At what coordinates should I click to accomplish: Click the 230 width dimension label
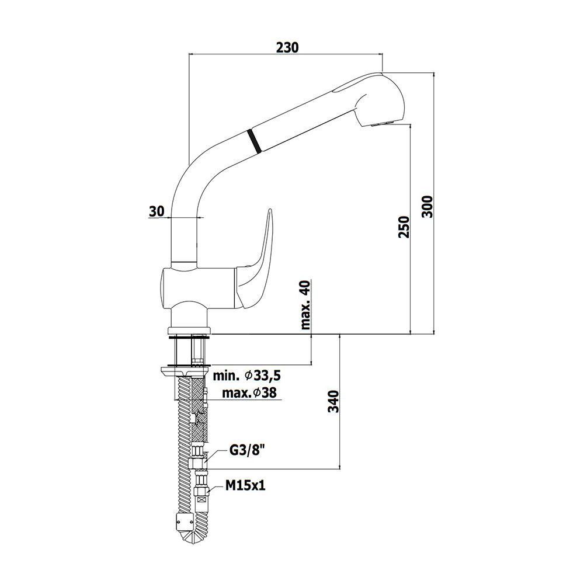[x=287, y=47]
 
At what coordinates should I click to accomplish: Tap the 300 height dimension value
[x=427, y=207]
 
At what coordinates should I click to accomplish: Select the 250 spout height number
[x=404, y=227]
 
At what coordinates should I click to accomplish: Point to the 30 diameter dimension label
[x=157, y=211]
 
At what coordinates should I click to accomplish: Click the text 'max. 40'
[x=305, y=305]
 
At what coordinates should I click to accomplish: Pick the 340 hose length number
[x=333, y=402]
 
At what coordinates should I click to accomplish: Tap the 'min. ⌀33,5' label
[x=246, y=376]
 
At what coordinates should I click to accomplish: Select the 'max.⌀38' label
[x=249, y=392]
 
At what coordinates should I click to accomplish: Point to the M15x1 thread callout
[x=245, y=485]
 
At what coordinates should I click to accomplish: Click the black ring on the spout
[x=254, y=140]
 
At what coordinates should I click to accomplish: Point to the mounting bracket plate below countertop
[x=185, y=371]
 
